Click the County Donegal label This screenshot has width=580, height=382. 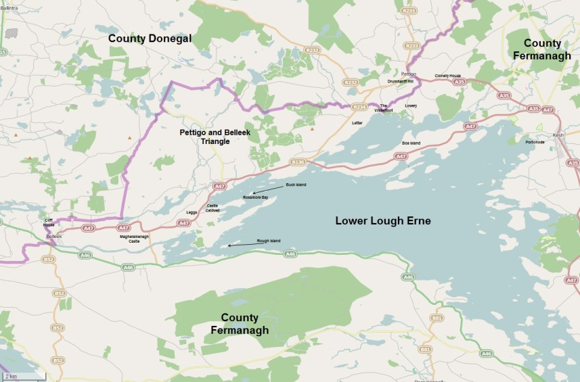click(150, 39)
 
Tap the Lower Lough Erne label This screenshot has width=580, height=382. click(383, 221)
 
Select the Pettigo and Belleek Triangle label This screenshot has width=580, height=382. click(215, 137)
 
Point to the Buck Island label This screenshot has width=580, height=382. click(296, 185)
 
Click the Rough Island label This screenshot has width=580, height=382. click(269, 241)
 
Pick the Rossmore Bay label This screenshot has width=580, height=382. click(256, 197)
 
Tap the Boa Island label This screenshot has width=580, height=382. click(411, 143)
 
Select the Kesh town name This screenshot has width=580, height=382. click(558, 135)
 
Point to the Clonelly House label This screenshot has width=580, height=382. click(447, 76)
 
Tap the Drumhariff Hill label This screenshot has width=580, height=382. click(400, 80)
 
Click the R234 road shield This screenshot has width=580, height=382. click(359, 106)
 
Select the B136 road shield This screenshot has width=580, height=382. click(298, 162)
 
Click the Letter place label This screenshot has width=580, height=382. click(358, 123)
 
